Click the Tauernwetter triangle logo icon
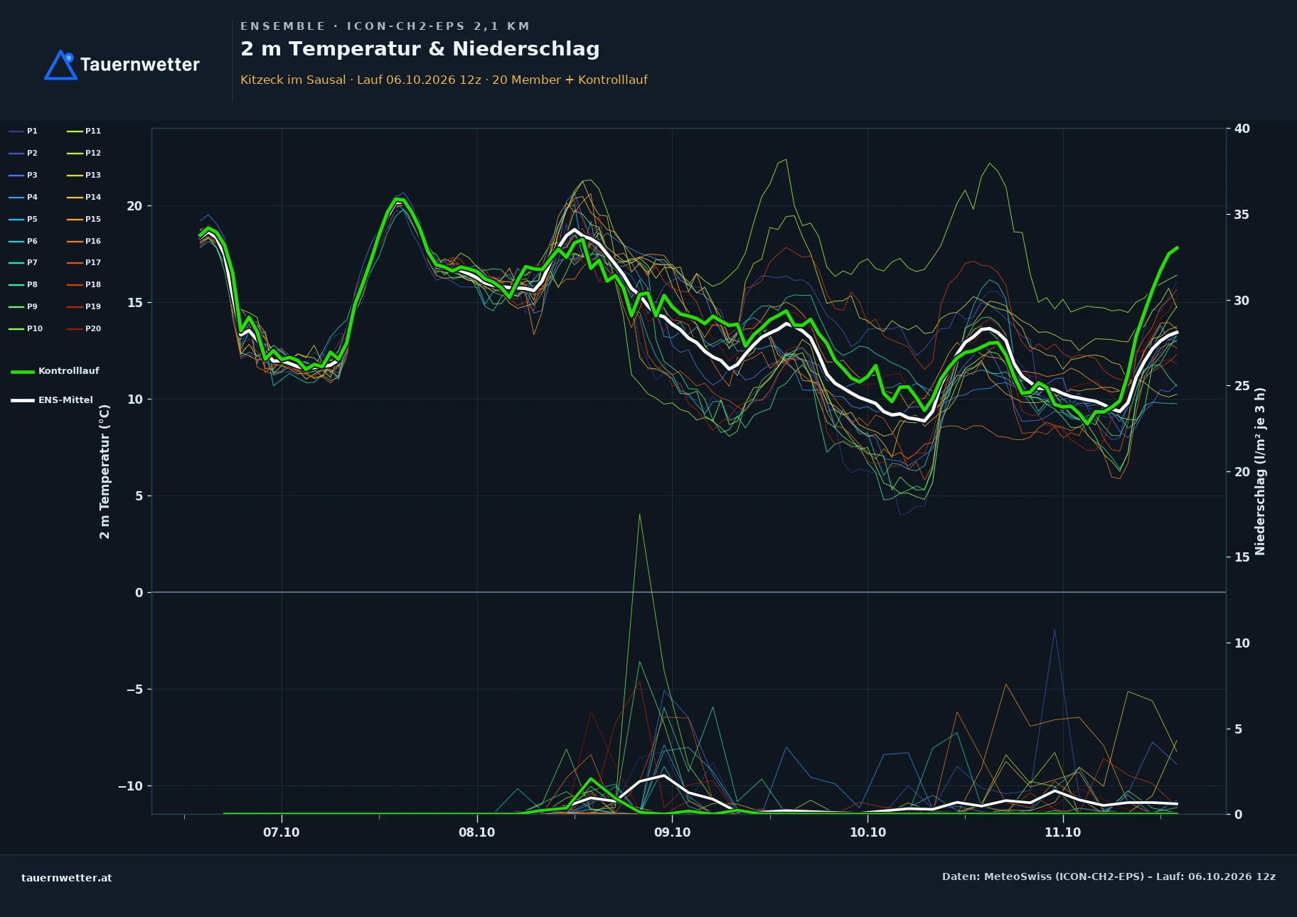click(x=60, y=65)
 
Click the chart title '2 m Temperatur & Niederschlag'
click(x=420, y=49)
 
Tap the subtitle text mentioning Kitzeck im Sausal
click(x=444, y=80)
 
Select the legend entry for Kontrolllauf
click(x=55, y=371)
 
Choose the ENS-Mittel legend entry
click(x=52, y=400)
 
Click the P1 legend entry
click(x=23, y=131)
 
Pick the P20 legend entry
click(x=84, y=328)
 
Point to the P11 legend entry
click(x=84, y=131)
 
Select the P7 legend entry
click(x=23, y=262)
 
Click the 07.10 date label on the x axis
click(x=282, y=832)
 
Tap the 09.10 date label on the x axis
click(x=672, y=832)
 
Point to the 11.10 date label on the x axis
click(x=1062, y=832)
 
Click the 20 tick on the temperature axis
click(x=134, y=206)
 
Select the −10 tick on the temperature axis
click(x=130, y=786)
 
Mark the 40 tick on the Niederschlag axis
click(x=1242, y=129)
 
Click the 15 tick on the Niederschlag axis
click(x=1242, y=557)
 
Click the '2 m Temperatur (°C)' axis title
click(x=105, y=471)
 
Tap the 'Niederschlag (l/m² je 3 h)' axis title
click(x=1260, y=471)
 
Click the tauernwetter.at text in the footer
click(x=67, y=878)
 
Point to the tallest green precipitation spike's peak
click(x=639, y=514)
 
